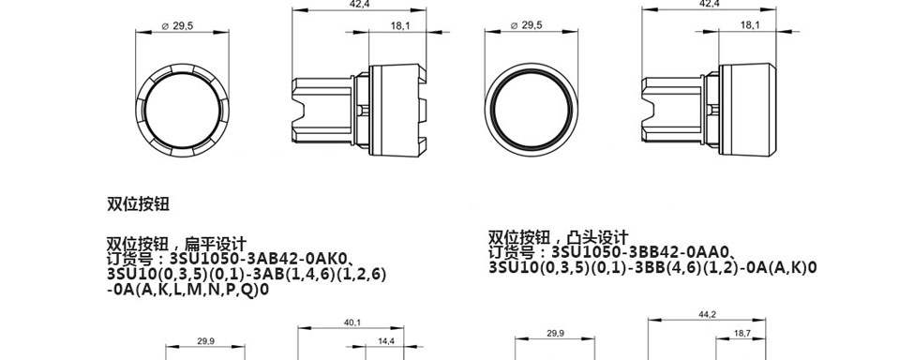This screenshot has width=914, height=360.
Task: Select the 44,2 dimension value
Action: click(707, 314)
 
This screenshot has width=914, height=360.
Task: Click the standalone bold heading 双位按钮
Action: click(138, 204)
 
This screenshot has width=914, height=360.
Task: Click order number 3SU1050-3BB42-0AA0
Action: click(640, 253)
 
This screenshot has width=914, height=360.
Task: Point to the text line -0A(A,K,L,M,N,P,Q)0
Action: click(188, 290)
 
